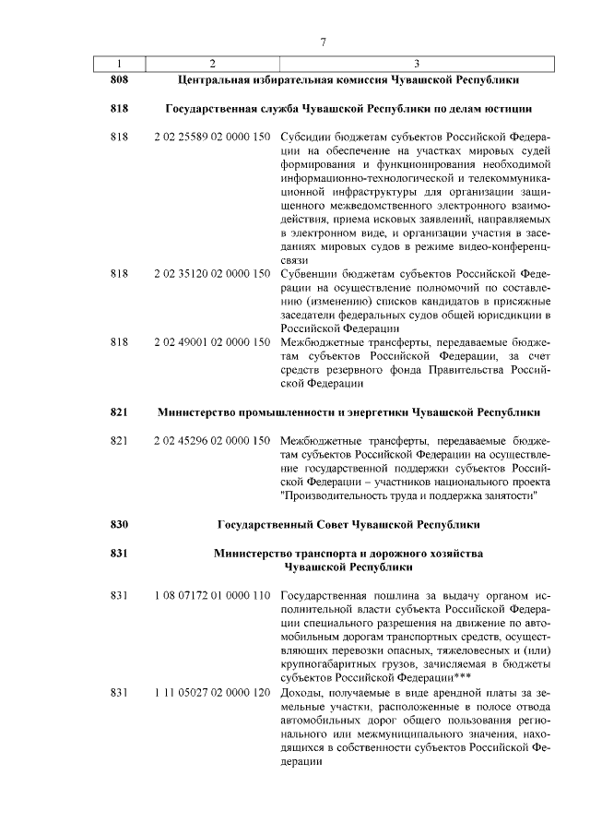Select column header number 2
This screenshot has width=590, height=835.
point(212,64)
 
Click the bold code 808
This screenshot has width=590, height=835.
point(117,80)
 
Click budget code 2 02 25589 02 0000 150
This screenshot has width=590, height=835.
point(212,137)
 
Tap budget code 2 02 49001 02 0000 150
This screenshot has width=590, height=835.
point(212,341)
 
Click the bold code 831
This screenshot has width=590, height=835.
point(117,554)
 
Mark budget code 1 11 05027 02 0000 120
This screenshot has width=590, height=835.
point(212,692)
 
